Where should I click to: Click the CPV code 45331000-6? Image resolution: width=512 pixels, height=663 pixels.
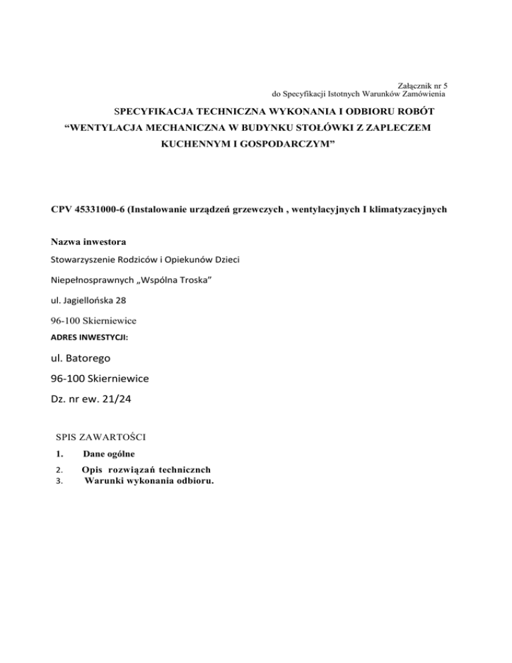(x=93, y=209)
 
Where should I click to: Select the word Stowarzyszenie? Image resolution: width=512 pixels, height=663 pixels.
(x=83, y=259)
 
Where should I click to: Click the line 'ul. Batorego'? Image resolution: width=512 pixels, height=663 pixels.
(x=82, y=358)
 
